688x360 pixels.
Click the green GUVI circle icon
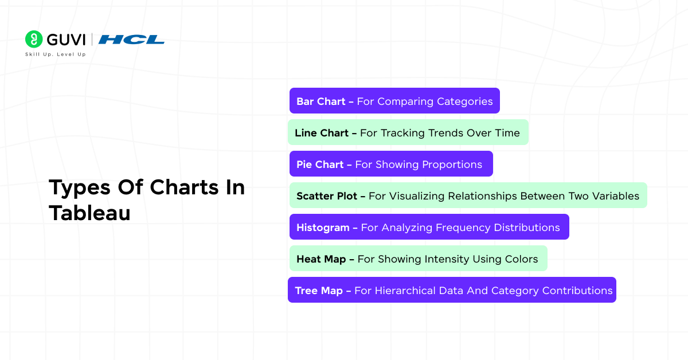pos(34,39)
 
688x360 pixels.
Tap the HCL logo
pos(131,40)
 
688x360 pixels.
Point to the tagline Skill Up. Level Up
pos(55,54)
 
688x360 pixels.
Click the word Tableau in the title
pos(89,213)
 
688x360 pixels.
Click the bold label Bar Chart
pos(320,101)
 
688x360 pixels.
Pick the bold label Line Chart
pos(321,133)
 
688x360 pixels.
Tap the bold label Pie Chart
pos(319,165)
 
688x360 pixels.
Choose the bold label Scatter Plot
pos(326,196)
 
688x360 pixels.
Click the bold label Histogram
pos(323,228)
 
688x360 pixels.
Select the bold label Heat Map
pos(321,259)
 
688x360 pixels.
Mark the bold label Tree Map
pos(318,291)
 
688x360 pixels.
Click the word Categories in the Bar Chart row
pos(465,101)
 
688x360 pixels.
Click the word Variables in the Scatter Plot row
pos(615,196)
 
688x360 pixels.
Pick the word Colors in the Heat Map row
pos(522,259)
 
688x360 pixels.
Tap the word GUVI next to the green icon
pos(66,40)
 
